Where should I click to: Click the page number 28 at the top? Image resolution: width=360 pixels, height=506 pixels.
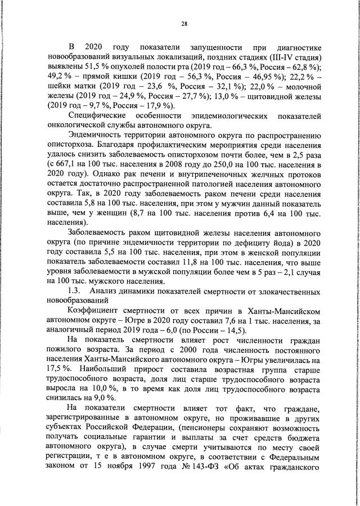tap(184, 23)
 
